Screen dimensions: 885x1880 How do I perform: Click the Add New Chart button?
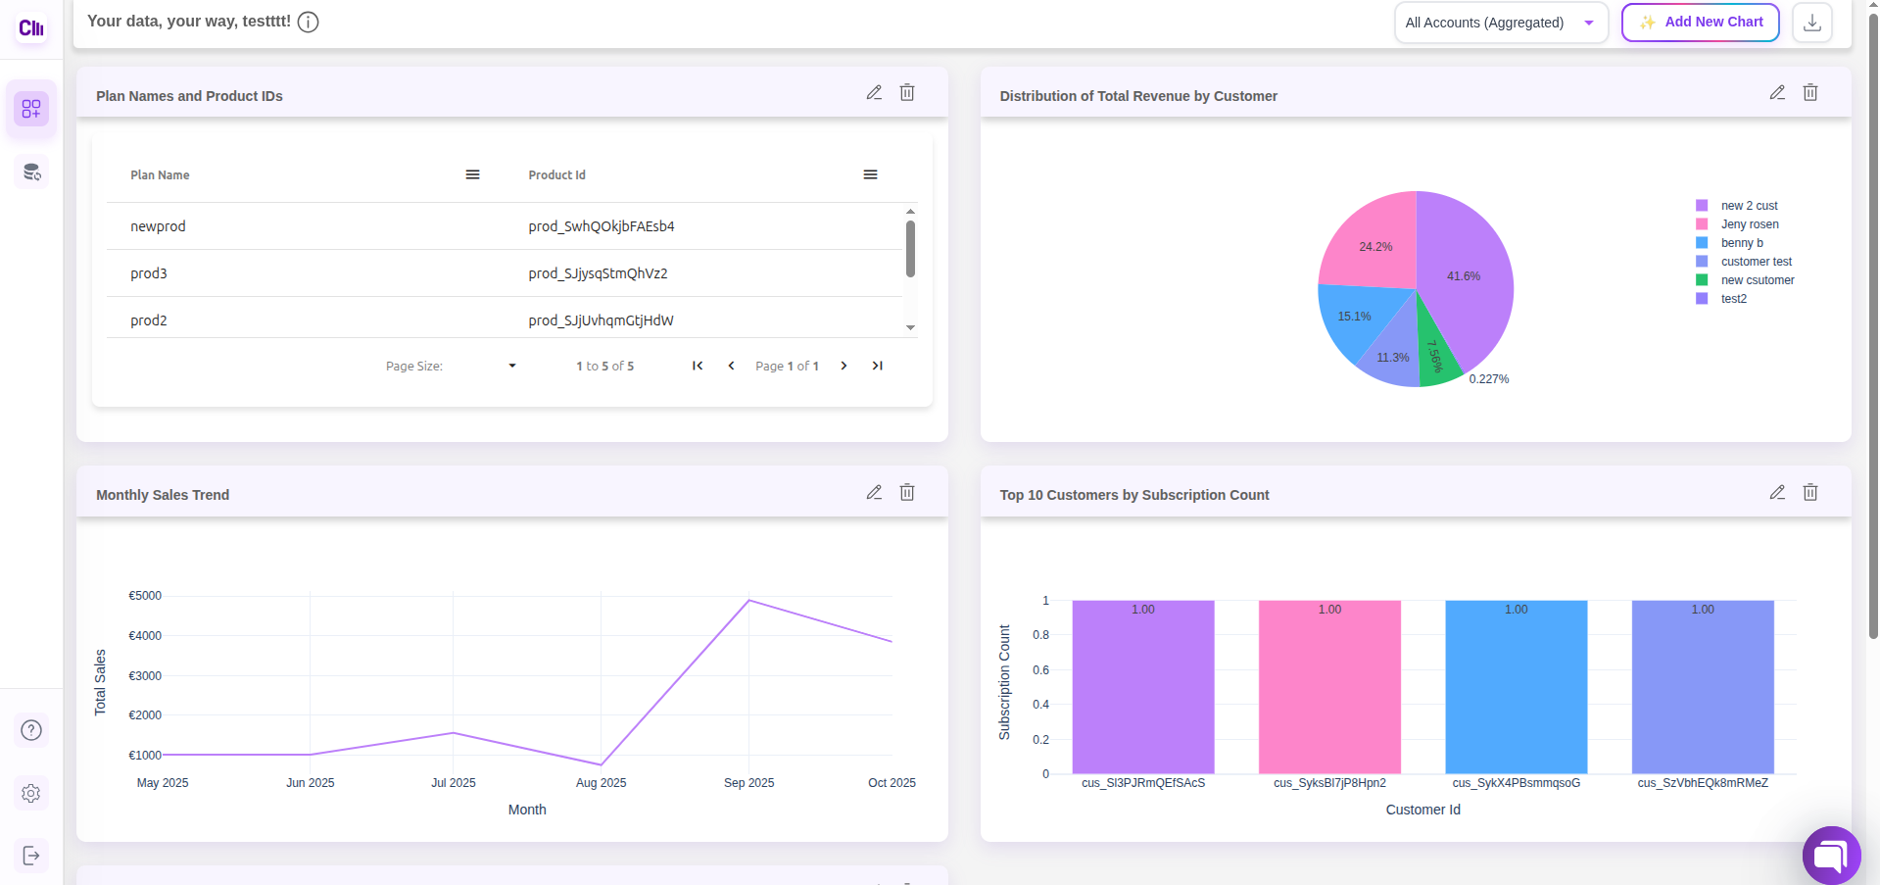coord(1700,23)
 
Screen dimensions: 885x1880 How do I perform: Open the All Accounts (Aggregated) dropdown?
coord(1500,23)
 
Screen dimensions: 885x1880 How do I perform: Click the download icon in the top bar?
coord(1811,23)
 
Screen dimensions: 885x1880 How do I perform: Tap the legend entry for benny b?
coord(1741,243)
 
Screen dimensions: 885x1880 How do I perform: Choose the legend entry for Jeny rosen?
coord(1749,224)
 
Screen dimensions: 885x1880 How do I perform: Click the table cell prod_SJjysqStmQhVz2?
coord(598,273)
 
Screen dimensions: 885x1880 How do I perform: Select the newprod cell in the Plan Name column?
coord(158,226)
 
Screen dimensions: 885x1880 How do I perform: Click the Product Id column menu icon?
coord(870,174)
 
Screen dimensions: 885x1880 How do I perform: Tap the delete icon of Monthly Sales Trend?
coord(907,493)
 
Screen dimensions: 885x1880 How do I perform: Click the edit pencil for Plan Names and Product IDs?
coord(874,93)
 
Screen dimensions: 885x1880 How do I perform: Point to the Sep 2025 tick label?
coord(748,783)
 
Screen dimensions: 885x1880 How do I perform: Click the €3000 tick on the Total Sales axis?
coord(145,676)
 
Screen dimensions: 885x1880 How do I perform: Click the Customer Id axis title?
coord(1422,810)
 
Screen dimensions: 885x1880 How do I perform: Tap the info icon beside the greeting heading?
coord(308,22)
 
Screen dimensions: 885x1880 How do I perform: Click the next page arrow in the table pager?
coord(844,366)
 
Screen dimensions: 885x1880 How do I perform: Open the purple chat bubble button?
coord(1830,856)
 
